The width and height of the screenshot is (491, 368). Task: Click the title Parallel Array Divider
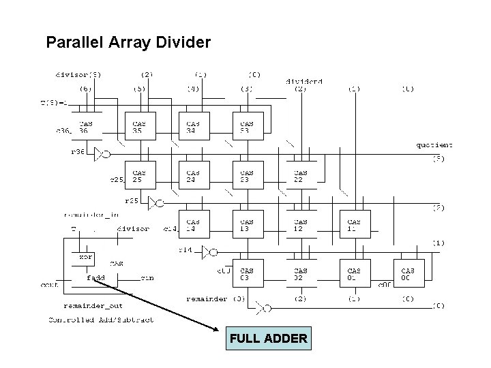(x=128, y=43)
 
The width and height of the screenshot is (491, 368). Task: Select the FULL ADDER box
(x=268, y=338)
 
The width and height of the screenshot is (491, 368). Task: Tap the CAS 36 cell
(x=87, y=126)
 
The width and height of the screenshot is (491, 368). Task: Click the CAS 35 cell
(x=140, y=126)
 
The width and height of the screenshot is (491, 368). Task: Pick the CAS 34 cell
(x=194, y=126)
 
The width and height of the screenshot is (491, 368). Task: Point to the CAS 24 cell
(x=194, y=176)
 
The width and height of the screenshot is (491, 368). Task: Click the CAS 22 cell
(x=301, y=176)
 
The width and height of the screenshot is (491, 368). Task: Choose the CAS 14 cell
(x=194, y=225)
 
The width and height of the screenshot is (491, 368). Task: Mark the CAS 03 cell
(x=247, y=274)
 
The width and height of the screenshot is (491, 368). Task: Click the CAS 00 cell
(x=408, y=274)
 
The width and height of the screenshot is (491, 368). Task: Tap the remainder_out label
(x=93, y=306)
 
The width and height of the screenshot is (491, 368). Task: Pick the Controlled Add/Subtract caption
(x=101, y=320)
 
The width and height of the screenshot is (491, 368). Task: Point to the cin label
(x=147, y=277)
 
